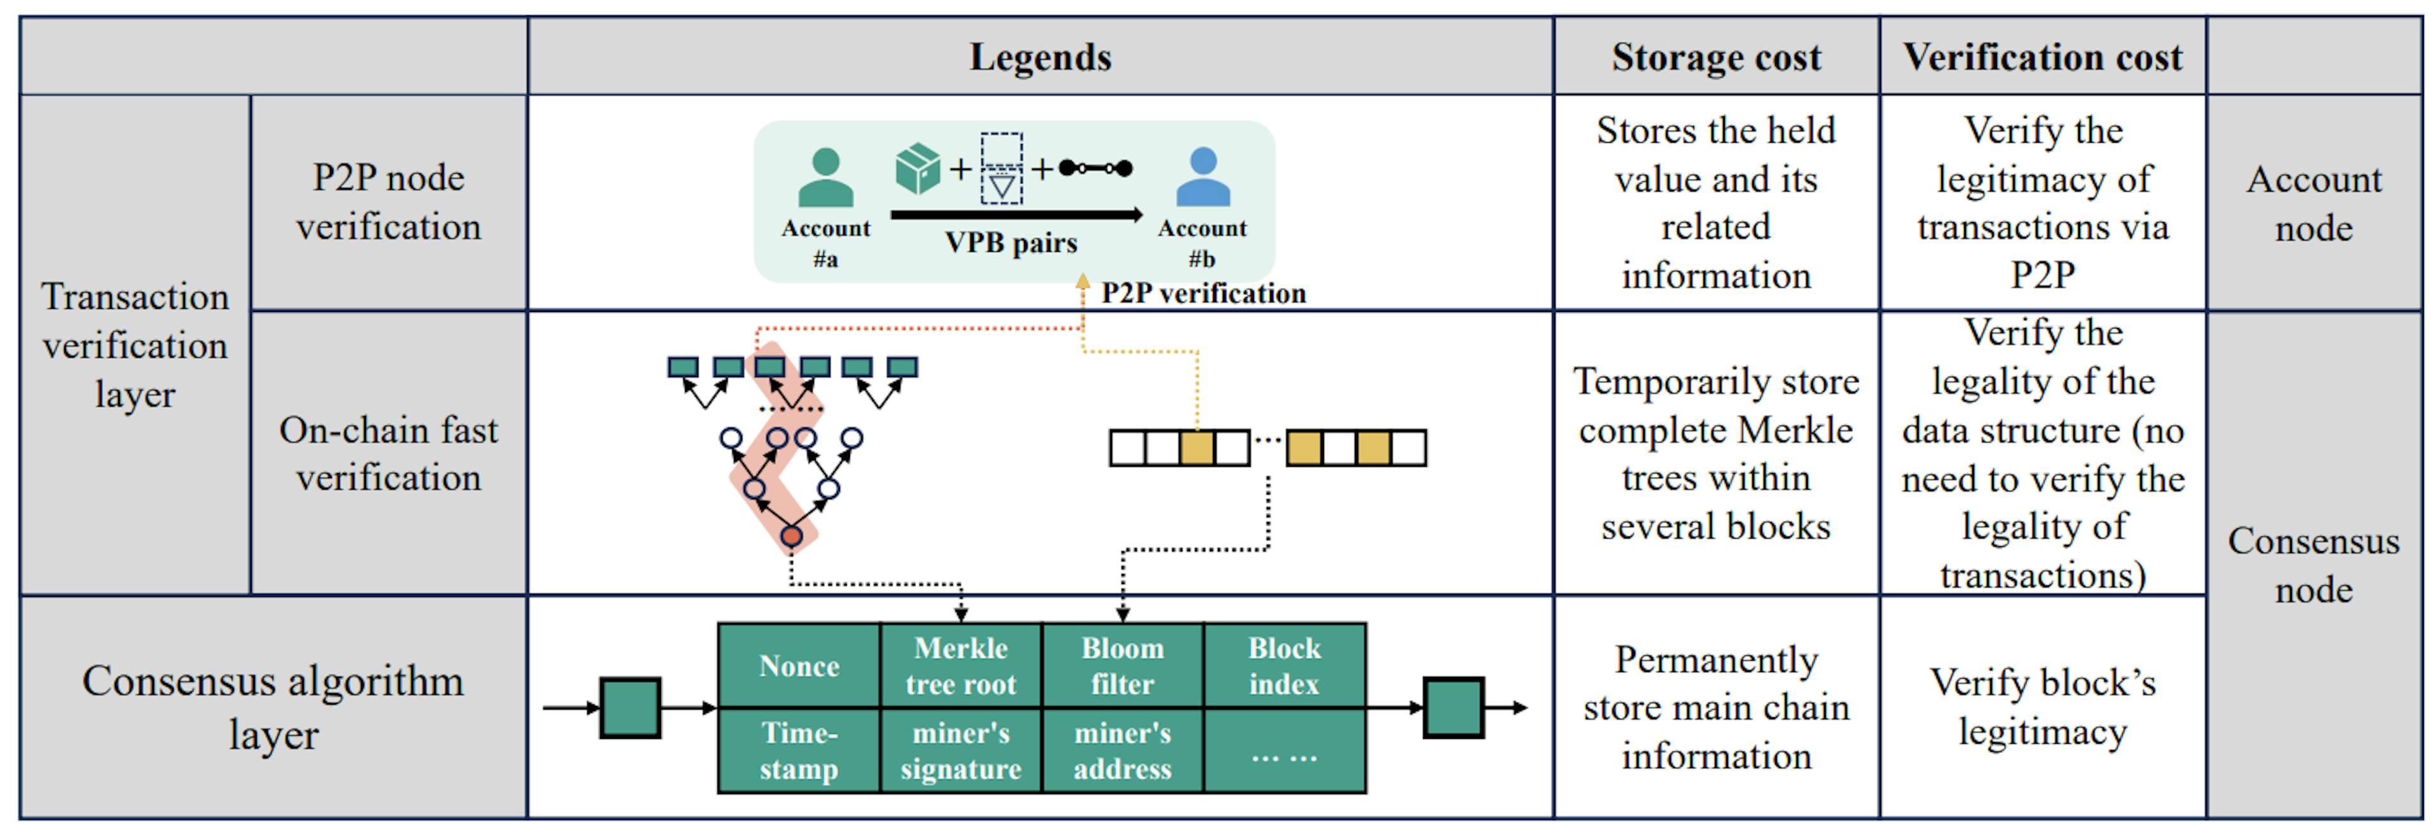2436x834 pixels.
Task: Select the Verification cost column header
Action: tap(2043, 56)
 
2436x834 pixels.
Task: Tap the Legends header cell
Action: tap(1040, 56)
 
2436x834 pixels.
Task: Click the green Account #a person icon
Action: tap(825, 178)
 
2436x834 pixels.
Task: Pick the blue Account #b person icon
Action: tap(1202, 178)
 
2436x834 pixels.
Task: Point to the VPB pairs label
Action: tap(1011, 243)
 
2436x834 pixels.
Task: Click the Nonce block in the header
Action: tap(799, 666)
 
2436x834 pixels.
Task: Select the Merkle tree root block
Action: tap(961, 666)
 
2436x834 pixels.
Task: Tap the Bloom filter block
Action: tap(1122, 666)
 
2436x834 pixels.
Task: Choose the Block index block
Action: tap(1283, 666)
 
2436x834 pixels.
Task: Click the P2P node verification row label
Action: tap(389, 202)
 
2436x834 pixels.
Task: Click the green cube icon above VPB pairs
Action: tap(917, 168)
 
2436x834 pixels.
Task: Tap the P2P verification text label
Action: tap(1203, 293)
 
